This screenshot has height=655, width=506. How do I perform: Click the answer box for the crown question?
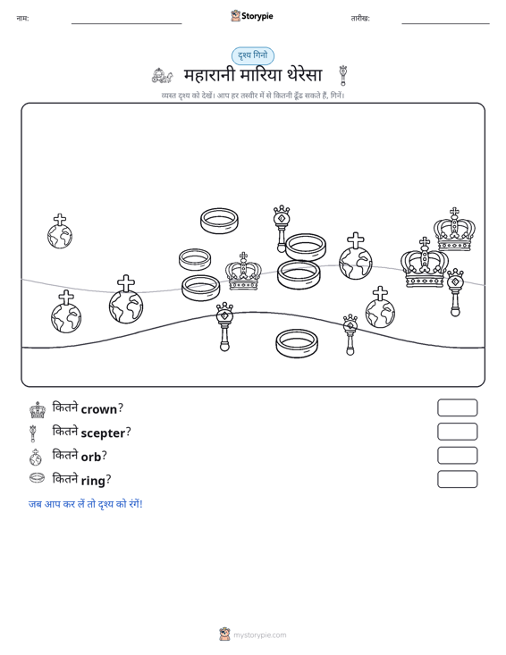point(457,407)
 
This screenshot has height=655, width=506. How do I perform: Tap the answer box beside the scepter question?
point(457,432)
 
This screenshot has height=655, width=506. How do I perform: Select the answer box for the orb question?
point(457,456)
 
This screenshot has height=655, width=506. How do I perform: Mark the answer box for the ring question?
point(457,479)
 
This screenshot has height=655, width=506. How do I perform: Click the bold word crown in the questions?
point(99,409)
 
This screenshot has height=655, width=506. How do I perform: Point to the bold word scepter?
point(103,433)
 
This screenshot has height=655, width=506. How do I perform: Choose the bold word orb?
point(91,457)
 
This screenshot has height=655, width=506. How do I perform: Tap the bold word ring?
point(93,481)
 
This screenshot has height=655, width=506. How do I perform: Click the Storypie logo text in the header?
point(257,16)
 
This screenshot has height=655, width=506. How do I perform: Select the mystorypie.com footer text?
point(260,635)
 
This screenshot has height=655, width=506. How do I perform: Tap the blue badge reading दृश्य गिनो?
point(253,56)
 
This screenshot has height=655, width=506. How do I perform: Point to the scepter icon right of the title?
point(343,75)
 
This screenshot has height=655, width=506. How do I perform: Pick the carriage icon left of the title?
point(162,76)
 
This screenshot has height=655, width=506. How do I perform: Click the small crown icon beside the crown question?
point(38,410)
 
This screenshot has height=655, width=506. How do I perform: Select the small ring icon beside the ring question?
point(37,477)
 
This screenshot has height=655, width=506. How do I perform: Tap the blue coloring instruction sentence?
point(86,504)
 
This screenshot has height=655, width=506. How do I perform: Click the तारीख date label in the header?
point(360,19)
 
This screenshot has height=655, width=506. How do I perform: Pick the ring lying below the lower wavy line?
point(297,343)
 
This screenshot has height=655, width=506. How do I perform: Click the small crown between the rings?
point(243,272)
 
